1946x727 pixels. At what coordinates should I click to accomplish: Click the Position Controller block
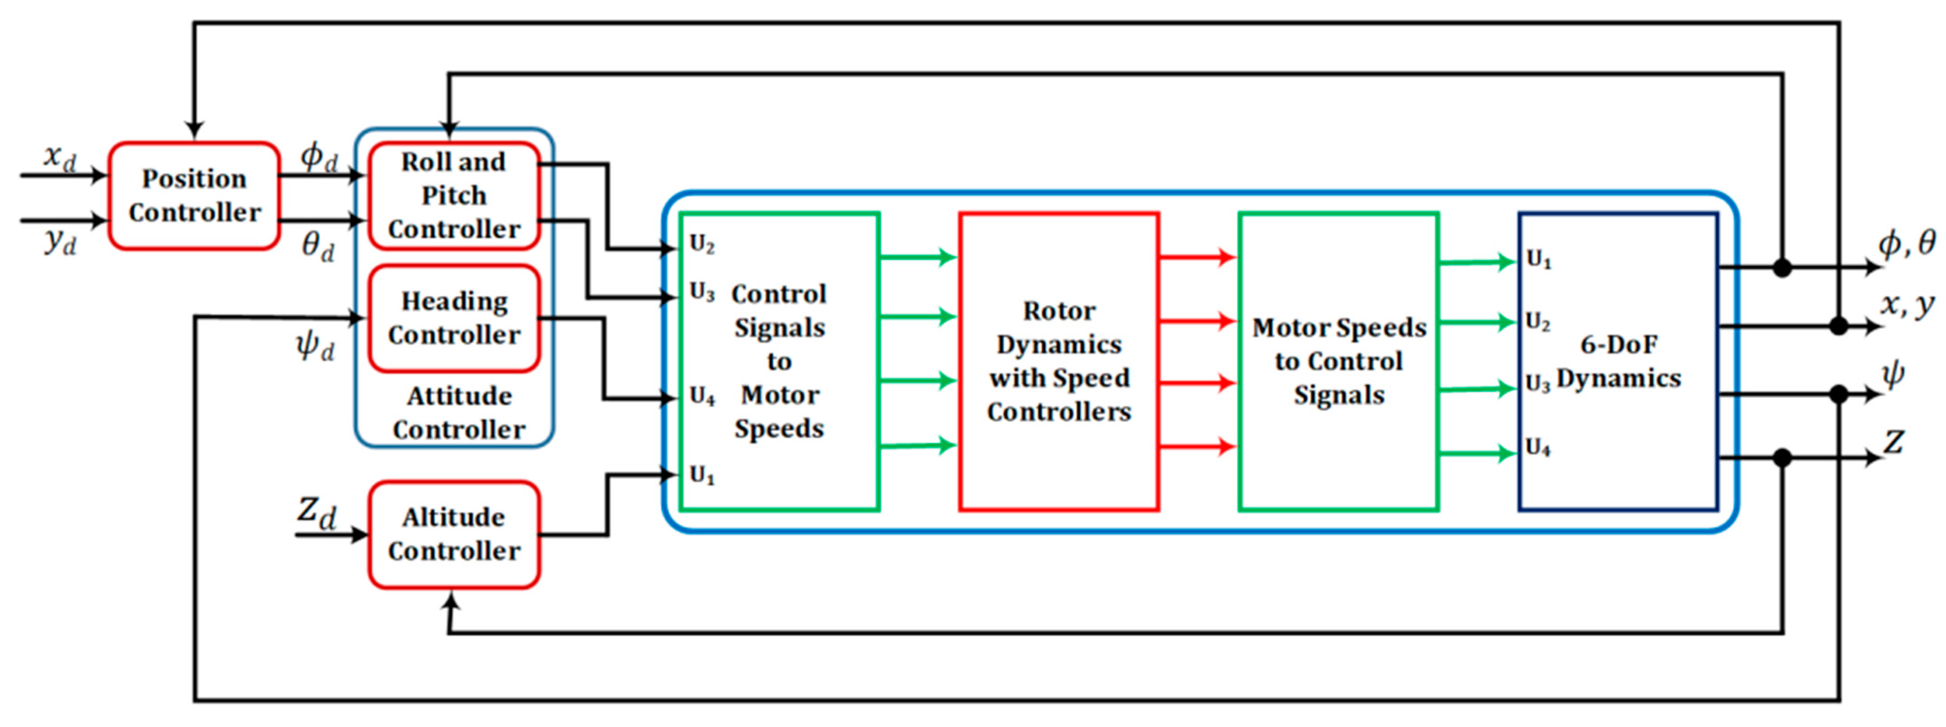pos(194,195)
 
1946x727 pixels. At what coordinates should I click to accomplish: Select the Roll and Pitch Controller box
pos(454,195)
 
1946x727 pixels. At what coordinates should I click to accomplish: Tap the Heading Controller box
pos(454,318)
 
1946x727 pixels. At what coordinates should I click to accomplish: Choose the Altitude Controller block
pos(454,534)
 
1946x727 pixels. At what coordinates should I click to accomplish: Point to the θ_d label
pos(317,246)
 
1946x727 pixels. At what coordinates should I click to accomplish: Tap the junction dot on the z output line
pos(1782,457)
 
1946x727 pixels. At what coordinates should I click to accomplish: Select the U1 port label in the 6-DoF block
pos(1538,260)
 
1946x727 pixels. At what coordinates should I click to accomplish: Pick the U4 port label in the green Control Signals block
pos(702,395)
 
